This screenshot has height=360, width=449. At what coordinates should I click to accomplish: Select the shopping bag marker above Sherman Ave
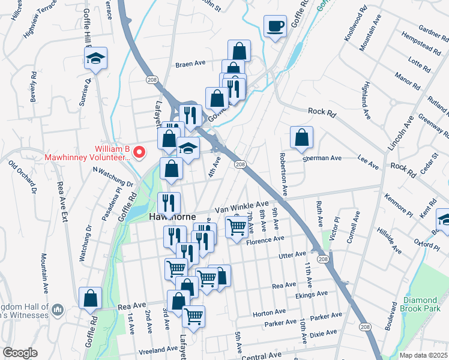coord(301,138)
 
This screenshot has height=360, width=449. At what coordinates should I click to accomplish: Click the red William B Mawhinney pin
coord(140,152)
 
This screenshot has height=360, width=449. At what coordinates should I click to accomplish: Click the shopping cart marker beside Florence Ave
coord(237,227)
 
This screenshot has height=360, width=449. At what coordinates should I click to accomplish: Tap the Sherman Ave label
coord(322,158)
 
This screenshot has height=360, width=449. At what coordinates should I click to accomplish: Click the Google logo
coord(20,353)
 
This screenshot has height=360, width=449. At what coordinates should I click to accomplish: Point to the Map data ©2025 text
coord(424,355)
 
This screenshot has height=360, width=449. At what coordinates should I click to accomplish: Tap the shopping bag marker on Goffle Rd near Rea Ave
coord(90,298)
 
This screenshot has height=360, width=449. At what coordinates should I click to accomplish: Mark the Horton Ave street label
coord(269,313)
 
